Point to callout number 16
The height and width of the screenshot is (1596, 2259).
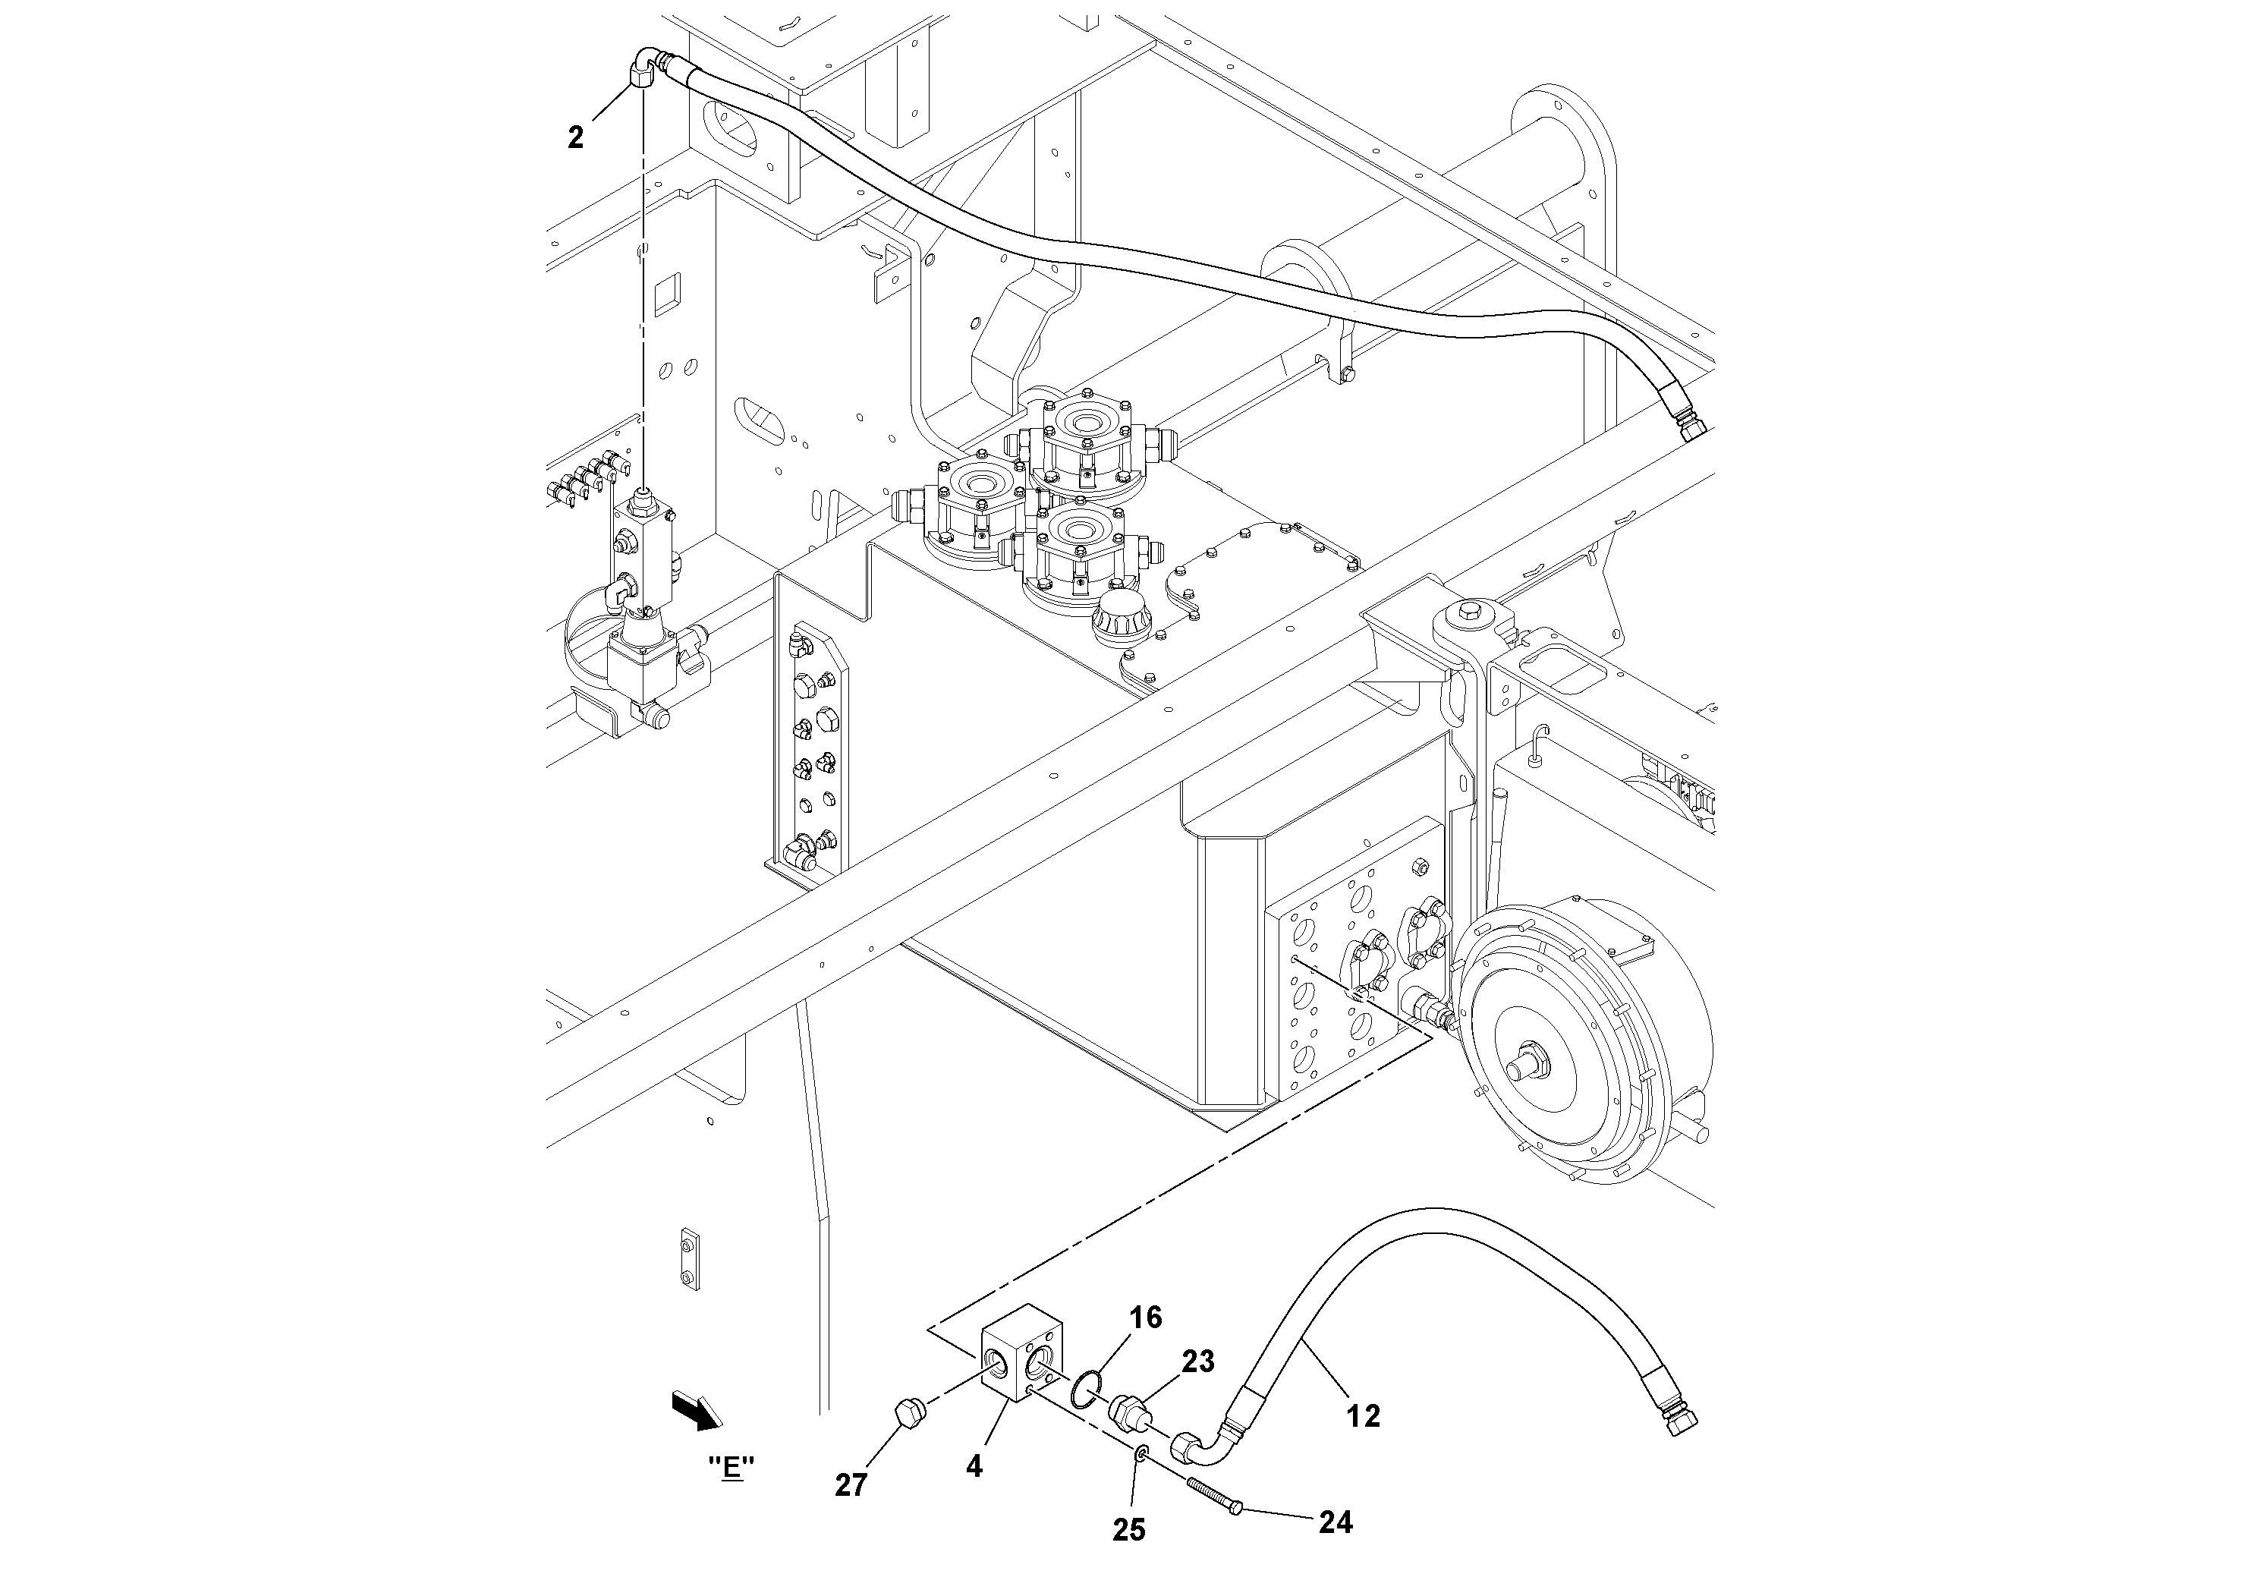point(1147,1317)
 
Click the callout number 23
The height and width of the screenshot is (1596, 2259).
point(1198,1361)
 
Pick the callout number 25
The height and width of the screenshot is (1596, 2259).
point(1129,1529)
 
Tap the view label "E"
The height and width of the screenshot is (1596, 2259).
point(731,1467)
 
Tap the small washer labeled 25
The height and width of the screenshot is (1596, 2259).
point(1141,1453)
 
